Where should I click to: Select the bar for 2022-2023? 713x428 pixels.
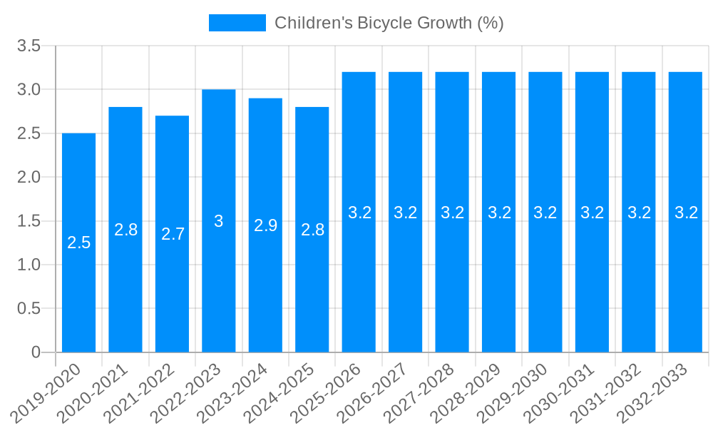[219, 285]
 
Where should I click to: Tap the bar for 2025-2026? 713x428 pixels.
[359, 285]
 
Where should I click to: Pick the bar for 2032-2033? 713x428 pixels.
[685, 285]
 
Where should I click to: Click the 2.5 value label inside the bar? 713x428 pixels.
[79, 243]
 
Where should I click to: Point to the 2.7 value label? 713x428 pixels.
[173, 234]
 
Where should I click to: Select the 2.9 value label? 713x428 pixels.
[266, 225]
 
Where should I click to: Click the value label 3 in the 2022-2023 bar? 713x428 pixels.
[219, 221]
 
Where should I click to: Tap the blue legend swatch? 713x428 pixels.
[237, 23]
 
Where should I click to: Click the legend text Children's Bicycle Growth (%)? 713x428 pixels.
[389, 23]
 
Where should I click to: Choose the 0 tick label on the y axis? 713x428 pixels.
[36, 352]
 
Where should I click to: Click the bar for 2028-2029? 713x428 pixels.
[498, 285]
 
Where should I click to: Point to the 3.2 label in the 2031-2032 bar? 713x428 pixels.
[639, 213]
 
